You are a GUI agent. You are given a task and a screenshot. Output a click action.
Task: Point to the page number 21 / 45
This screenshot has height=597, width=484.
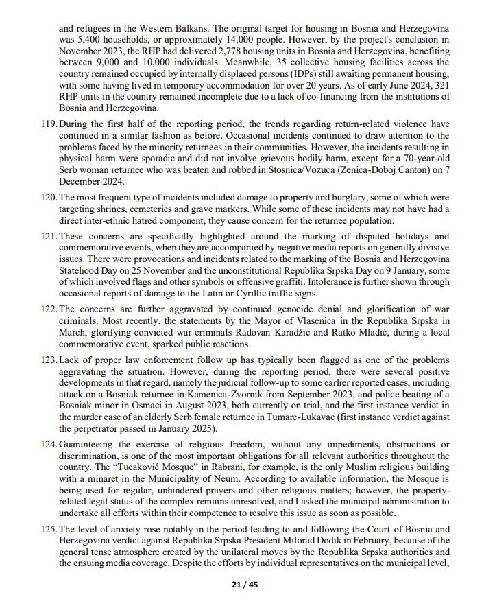pos(241,585)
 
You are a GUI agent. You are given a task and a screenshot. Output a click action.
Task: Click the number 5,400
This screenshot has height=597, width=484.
pos(86,40)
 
